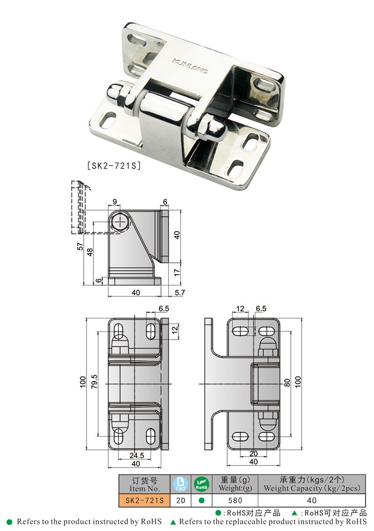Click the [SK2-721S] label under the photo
114,165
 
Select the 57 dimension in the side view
80,247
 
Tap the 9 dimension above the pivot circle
115,202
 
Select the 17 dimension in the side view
176,271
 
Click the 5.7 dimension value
180,293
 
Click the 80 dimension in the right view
287,382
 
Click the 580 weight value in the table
235,500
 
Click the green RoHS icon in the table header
201,484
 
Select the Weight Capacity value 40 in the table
311,500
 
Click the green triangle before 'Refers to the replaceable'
173,522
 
